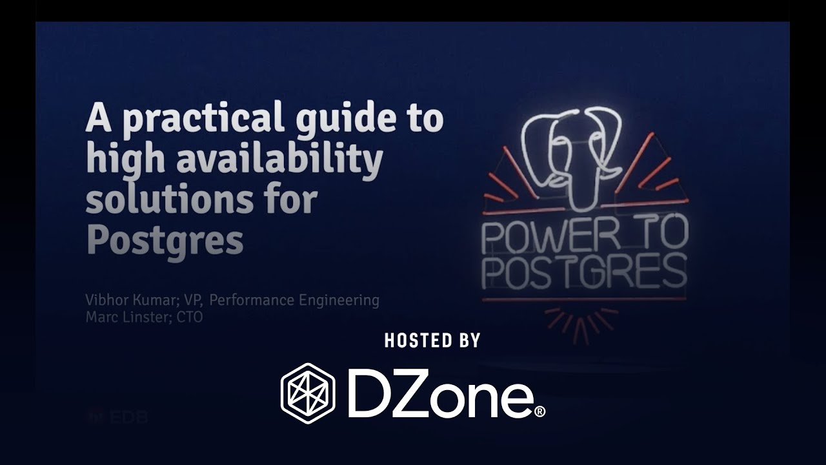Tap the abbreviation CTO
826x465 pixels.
tap(189, 317)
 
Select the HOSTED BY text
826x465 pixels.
tap(432, 340)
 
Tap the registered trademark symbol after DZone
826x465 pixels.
tap(540, 411)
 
